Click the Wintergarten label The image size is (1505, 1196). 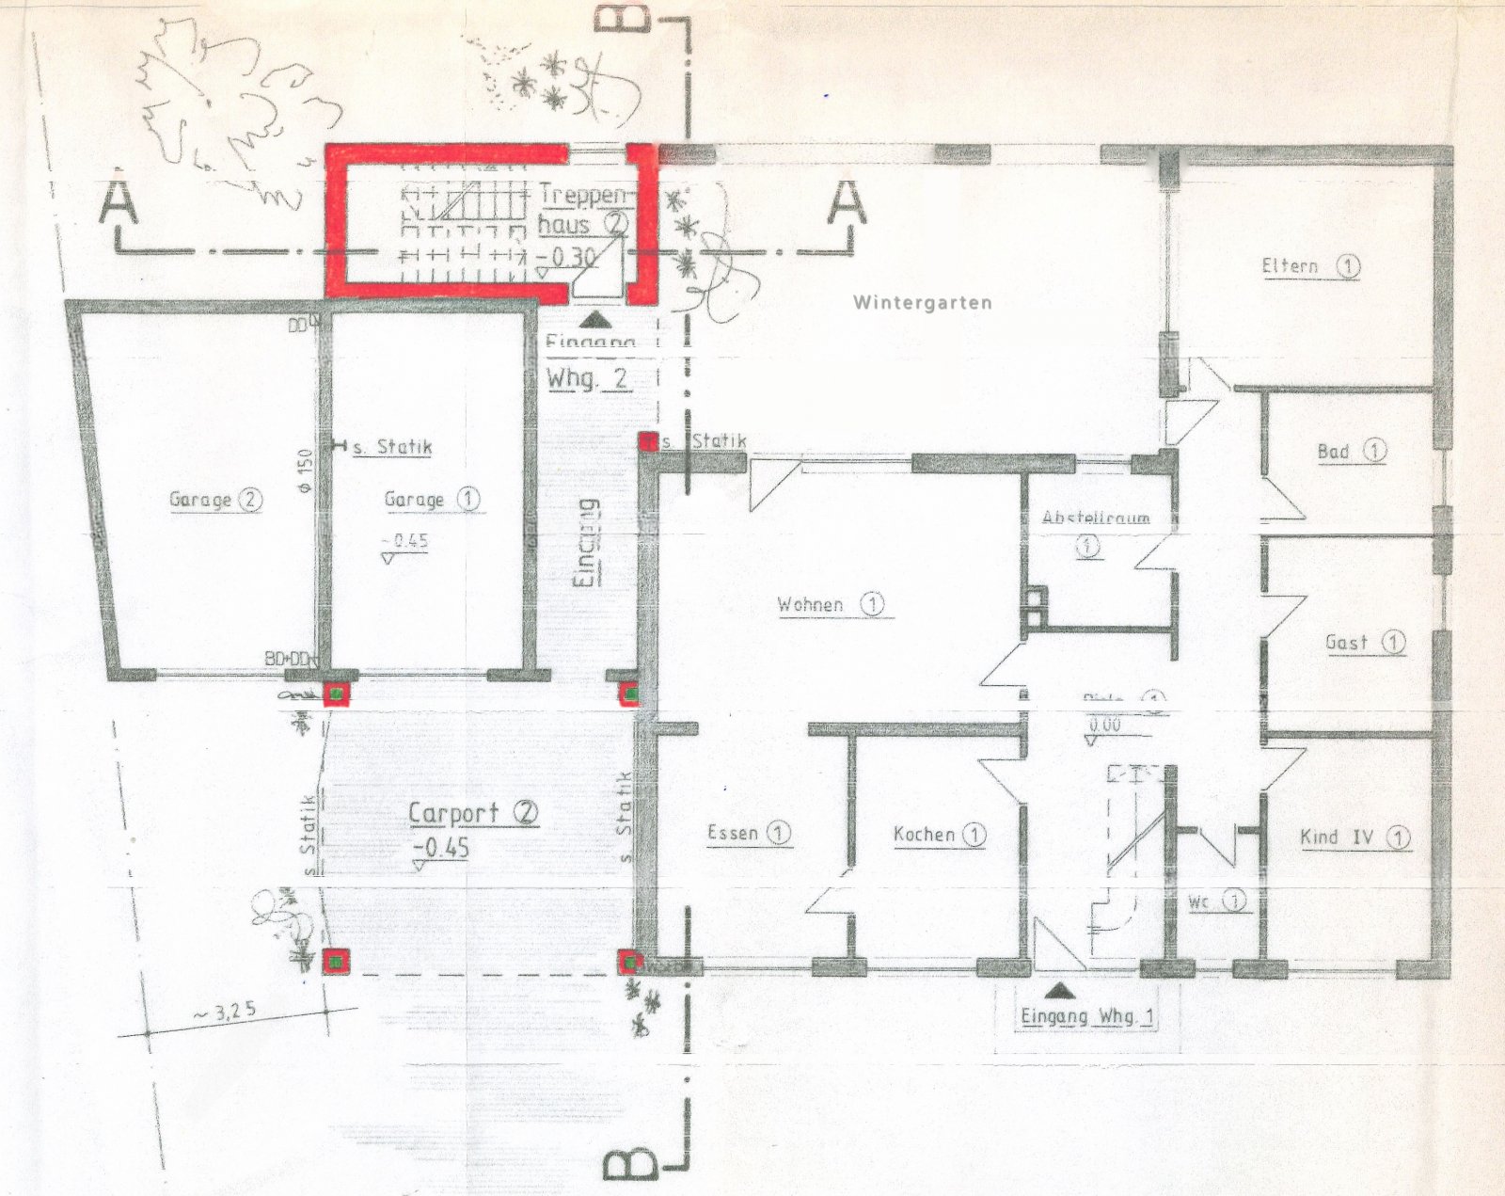922,303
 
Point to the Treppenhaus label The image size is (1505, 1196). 582,210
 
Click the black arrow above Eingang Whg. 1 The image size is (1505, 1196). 1060,991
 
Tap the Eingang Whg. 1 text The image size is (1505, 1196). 1086,1017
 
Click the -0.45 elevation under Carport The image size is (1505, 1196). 441,848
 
